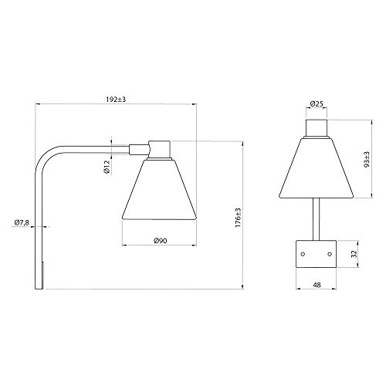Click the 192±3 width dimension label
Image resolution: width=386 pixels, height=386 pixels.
116,100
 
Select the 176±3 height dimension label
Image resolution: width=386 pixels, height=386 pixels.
238,218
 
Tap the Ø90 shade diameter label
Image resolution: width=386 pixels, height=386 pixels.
160,241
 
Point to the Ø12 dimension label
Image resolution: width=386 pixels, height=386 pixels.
107,167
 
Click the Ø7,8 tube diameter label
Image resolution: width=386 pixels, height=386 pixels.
22,222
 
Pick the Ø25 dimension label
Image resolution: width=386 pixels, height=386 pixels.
317,104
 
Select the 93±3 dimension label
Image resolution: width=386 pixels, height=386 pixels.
367,159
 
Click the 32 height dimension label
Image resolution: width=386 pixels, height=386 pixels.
354,254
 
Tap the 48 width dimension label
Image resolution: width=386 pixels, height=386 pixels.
317,285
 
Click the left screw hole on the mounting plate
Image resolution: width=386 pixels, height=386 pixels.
303,254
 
